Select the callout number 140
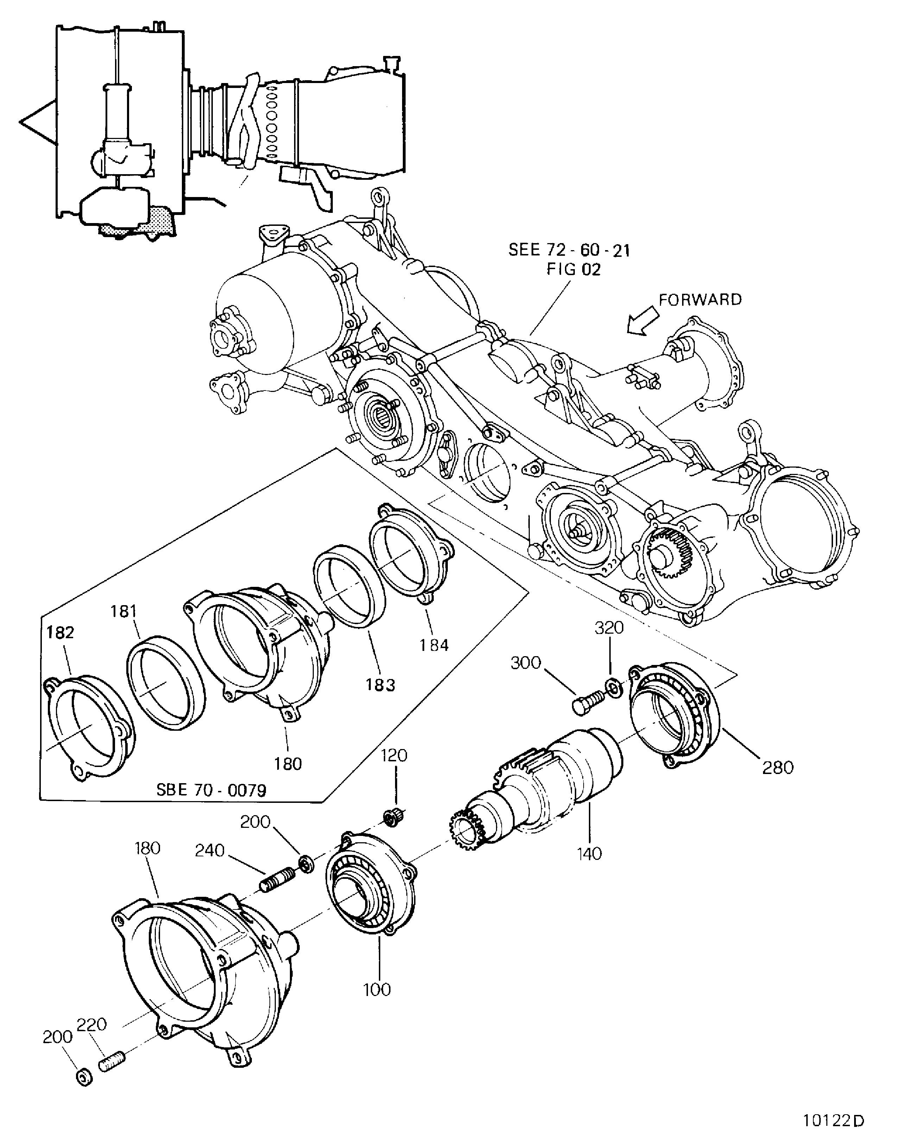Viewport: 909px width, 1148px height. coord(589,854)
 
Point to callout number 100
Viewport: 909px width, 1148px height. coord(377,989)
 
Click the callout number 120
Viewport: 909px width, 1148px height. coord(394,756)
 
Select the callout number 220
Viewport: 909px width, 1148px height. coord(92,1024)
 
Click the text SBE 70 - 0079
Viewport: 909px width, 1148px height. coord(211,790)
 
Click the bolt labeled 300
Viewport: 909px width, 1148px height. coord(588,703)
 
